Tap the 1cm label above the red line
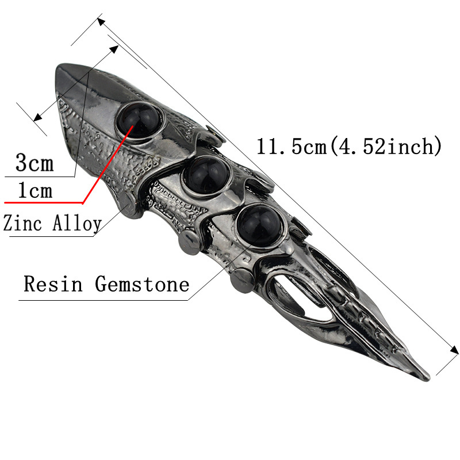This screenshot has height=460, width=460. point(35,190)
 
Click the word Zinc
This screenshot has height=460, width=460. point(22,223)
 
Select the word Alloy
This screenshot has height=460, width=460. point(77,224)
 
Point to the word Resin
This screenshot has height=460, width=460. point(53,283)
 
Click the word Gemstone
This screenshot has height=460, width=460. point(142,283)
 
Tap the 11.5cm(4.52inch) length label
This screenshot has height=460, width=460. point(349,146)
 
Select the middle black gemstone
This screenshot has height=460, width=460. point(206,175)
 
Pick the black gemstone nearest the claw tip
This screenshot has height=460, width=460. point(259,225)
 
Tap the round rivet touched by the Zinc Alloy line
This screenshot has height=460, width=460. point(131,205)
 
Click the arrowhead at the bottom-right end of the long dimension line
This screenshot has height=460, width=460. point(454,350)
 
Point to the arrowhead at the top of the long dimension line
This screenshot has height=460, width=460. point(101,22)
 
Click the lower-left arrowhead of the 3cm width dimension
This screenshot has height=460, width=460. point(37,117)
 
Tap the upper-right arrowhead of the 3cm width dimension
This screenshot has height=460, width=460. point(114,49)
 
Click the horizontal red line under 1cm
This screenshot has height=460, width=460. point(44,202)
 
